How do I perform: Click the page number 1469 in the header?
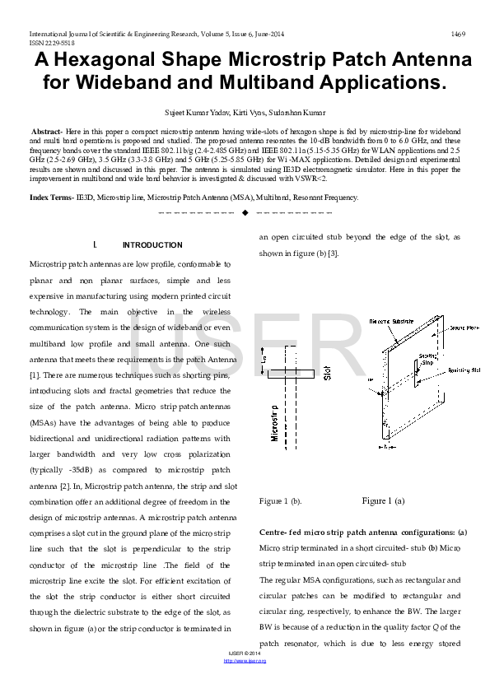tap(458, 34)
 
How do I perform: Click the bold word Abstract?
tap(46, 132)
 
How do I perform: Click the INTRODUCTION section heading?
tap(152, 245)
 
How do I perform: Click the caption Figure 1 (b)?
tap(280, 500)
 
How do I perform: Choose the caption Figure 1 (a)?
tap(383, 500)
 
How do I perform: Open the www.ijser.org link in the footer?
tap(245, 660)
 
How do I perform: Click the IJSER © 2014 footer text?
tap(245, 653)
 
